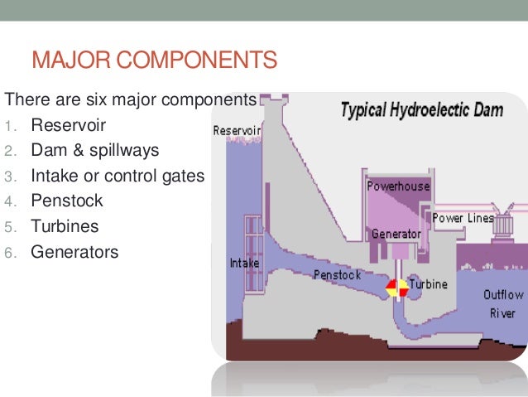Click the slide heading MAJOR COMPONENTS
153,61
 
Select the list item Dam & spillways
94,152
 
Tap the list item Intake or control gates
117,177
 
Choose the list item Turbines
65,226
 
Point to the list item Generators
74,251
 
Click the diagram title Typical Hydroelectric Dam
422,110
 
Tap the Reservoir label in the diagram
237,131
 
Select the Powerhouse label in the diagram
398,186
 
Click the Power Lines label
463,219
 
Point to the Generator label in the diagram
396,234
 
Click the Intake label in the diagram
244,264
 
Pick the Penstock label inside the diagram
336,274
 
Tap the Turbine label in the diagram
428,284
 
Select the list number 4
9,202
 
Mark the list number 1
9,128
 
